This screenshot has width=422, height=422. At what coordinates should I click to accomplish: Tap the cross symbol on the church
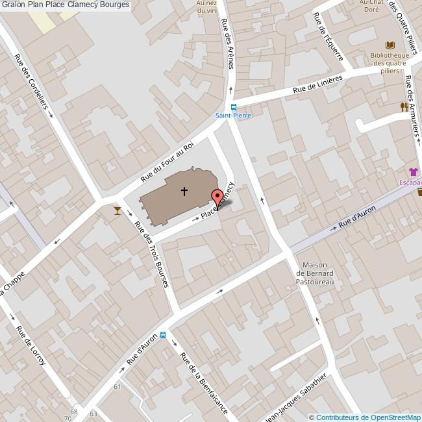click(x=184, y=191)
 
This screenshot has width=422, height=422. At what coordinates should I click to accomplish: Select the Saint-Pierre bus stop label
click(x=233, y=116)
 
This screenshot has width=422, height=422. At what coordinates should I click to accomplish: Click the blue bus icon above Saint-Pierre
click(x=233, y=107)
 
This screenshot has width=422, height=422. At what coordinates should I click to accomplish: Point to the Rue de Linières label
click(x=317, y=85)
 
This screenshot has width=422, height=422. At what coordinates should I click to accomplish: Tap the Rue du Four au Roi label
click(x=168, y=162)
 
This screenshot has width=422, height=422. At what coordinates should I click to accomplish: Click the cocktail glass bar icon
click(x=116, y=210)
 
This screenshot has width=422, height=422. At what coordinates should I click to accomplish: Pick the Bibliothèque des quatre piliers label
click(x=390, y=63)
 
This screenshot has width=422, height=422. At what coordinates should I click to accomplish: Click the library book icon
click(x=390, y=45)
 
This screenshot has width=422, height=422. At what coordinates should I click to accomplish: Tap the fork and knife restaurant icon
click(x=404, y=106)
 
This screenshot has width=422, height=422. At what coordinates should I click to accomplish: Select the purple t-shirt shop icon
click(x=414, y=172)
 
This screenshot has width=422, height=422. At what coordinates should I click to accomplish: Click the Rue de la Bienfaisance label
click(x=203, y=383)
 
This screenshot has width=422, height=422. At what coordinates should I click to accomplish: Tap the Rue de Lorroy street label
click(x=31, y=345)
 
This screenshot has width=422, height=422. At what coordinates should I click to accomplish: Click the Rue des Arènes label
click(x=227, y=43)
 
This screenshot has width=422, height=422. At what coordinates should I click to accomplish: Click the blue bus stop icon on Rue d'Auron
click(x=162, y=336)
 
